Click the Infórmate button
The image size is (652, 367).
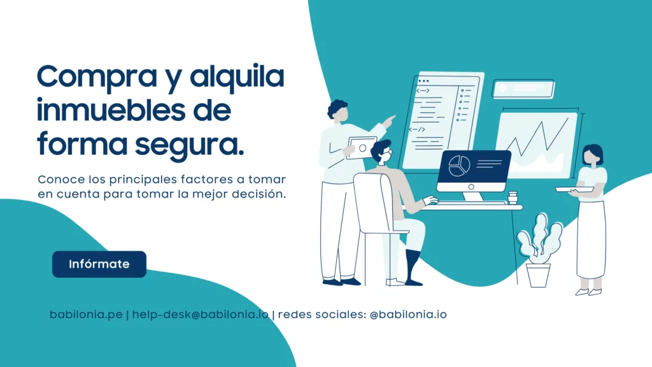click(99, 264)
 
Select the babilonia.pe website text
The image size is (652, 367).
click(86, 315)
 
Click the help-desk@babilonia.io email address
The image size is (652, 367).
click(201, 315)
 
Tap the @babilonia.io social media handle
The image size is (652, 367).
click(408, 315)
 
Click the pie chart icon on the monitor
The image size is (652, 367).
click(459, 166)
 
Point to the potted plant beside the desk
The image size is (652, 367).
click(539, 250)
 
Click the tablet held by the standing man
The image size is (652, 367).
click(361, 148)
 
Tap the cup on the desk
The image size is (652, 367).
click(513, 198)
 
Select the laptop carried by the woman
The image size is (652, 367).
click(575, 190)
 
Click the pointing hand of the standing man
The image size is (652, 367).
click(389, 122)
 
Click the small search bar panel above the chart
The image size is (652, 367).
click(523, 89)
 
